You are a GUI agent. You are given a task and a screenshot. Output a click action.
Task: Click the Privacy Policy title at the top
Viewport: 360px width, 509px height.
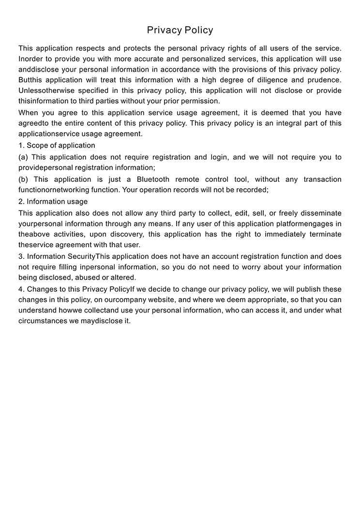pyautogui.click(x=180, y=30)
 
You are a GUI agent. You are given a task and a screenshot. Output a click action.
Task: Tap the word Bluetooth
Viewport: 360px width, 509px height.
pyautogui.click(x=153, y=180)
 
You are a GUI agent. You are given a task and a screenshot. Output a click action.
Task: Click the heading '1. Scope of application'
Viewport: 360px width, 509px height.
pyautogui.click(x=57, y=145)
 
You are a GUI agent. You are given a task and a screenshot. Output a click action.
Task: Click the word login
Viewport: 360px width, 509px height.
pyautogui.click(x=221, y=157)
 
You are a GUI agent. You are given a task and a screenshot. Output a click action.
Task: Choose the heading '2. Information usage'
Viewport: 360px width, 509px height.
pyautogui.click(x=53, y=201)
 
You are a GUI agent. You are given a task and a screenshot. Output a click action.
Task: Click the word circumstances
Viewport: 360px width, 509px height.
pyautogui.click(x=43, y=321)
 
